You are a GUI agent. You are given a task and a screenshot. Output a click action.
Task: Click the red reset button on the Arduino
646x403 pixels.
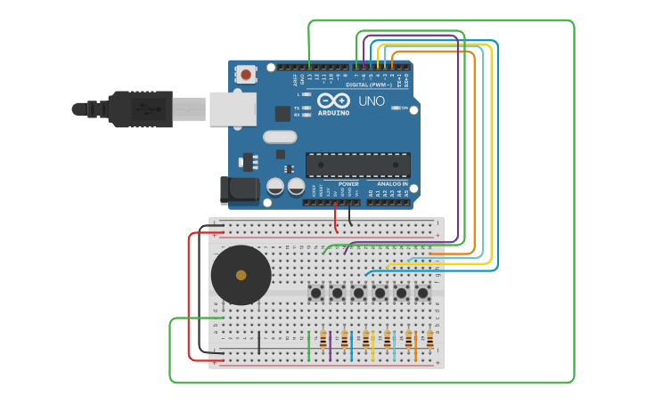(246, 75)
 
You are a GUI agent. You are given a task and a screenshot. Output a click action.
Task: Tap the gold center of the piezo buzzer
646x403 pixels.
(241, 276)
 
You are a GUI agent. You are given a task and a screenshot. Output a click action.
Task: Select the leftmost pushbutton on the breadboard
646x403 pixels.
(315, 293)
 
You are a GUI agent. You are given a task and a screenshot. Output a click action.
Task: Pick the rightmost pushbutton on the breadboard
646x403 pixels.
(422, 293)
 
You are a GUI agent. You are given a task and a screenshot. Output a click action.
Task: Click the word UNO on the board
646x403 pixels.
(372, 101)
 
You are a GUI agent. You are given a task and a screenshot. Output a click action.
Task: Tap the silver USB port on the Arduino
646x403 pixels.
(233, 109)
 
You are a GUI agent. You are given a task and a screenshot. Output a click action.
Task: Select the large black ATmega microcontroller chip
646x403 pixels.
(358, 165)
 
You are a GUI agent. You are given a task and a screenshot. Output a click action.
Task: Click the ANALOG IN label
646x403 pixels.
(386, 184)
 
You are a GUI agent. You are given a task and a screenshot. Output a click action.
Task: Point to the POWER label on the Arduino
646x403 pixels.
(348, 184)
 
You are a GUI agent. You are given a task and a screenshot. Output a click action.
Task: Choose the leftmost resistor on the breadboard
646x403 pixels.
(323, 341)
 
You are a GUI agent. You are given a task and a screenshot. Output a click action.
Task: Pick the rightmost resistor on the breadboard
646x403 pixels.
(429, 341)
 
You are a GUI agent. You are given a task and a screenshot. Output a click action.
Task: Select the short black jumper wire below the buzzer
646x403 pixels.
(259, 343)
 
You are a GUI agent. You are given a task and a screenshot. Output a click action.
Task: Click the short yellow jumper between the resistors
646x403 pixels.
(373, 345)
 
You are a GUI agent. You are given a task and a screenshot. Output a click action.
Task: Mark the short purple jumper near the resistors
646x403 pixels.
(331, 345)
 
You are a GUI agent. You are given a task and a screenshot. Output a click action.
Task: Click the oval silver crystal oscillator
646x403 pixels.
(280, 137)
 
